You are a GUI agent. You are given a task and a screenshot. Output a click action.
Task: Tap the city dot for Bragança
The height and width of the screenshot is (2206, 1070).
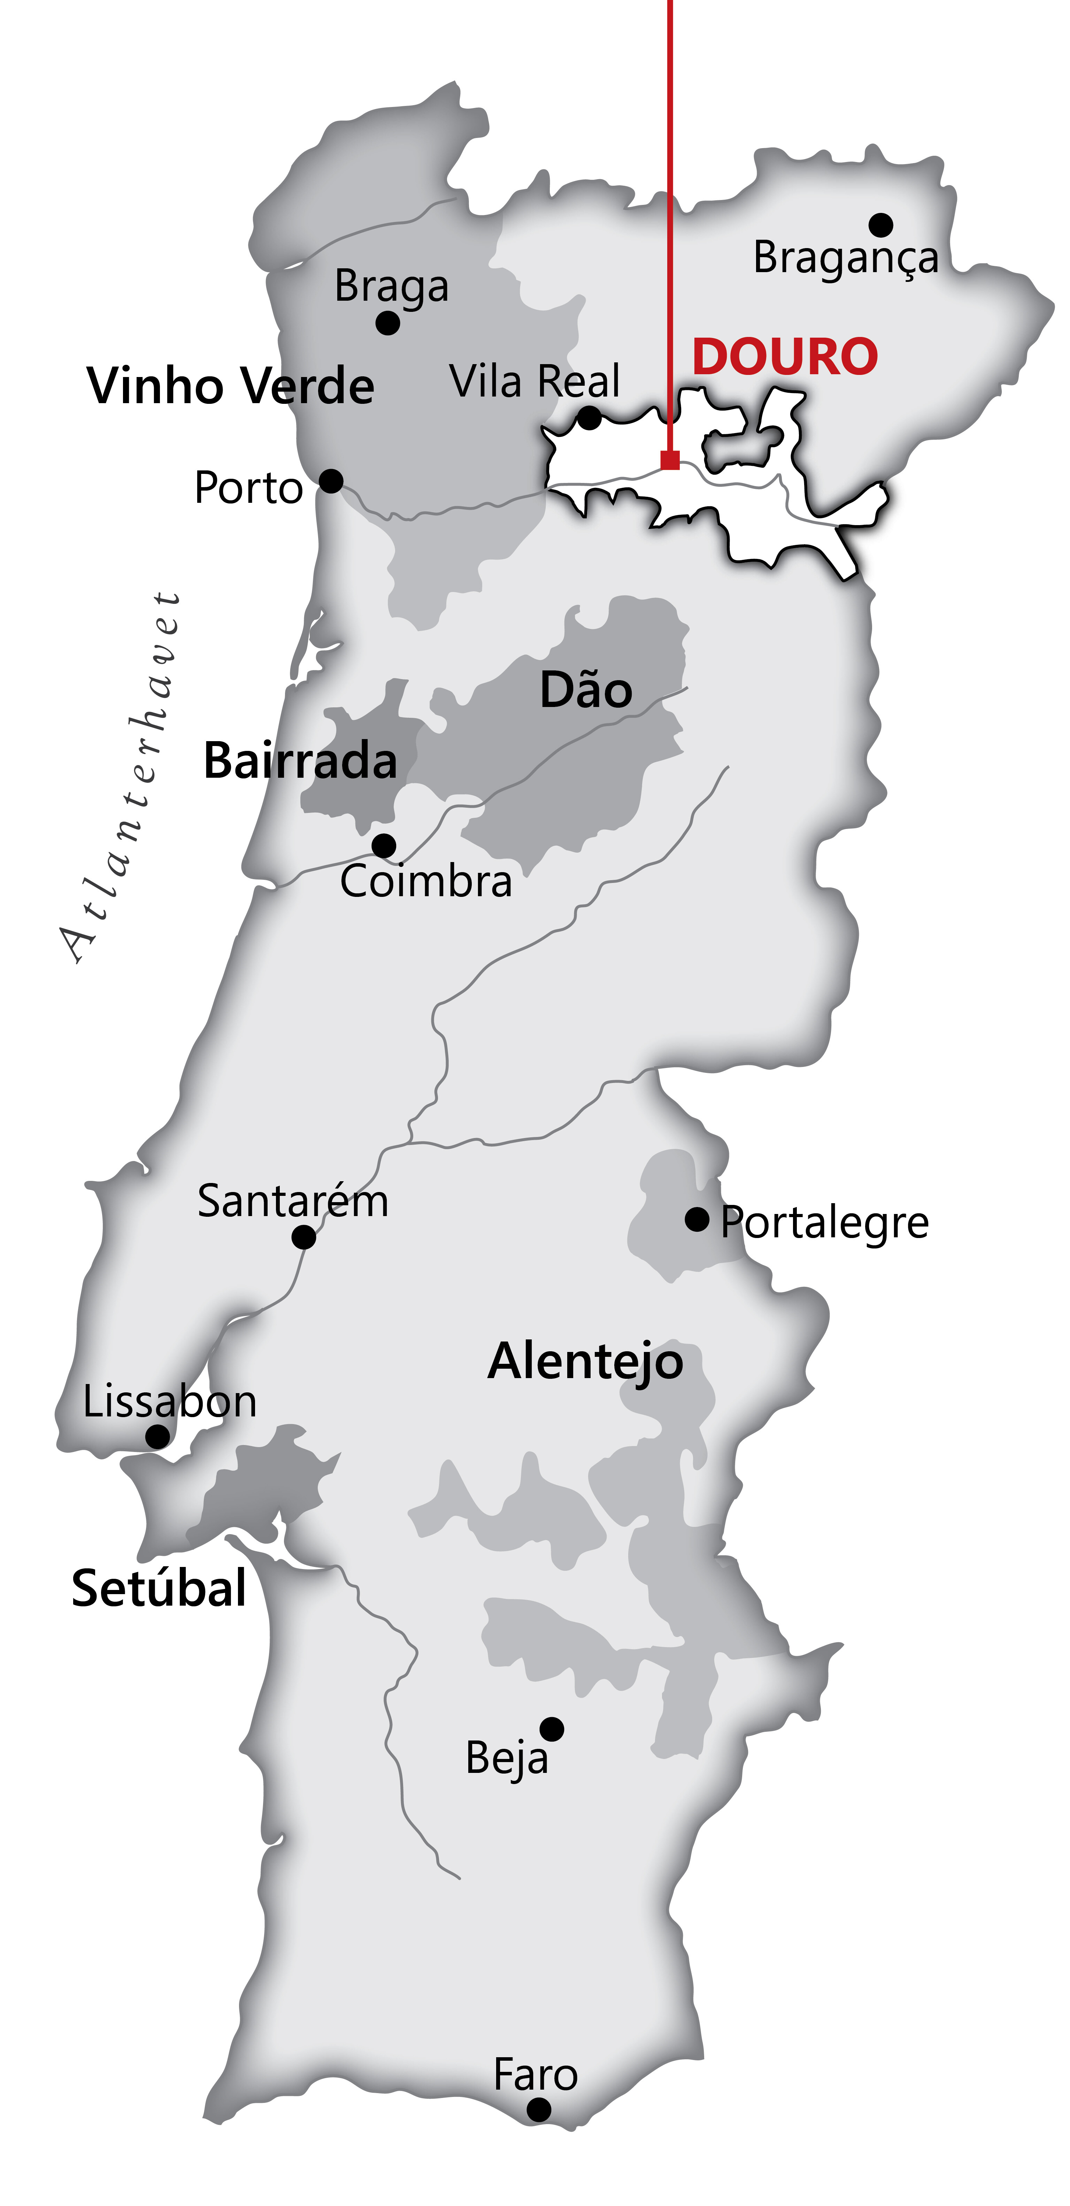pyautogui.click(x=881, y=225)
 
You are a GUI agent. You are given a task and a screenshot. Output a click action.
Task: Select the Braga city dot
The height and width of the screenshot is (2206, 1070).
pyautogui.click(x=388, y=323)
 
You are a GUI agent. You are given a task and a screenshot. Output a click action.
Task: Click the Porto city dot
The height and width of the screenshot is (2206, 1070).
pyautogui.click(x=331, y=481)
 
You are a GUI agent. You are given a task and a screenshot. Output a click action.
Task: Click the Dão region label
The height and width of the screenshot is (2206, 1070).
pyautogui.click(x=586, y=690)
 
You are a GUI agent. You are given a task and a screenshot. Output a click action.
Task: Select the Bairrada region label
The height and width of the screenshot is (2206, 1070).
pyautogui.click(x=300, y=760)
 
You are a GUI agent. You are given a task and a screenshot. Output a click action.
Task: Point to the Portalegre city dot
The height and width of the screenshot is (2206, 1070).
pyautogui.click(x=697, y=1220)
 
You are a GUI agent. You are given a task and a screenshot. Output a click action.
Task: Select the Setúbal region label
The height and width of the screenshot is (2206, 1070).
pyautogui.click(x=159, y=1589)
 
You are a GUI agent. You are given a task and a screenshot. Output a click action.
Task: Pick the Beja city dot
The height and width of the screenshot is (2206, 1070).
pyautogui.click(x=552, y=1729)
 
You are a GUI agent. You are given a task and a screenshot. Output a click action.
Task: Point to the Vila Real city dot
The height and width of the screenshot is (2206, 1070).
pyautogui.click(x=589, y=418)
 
